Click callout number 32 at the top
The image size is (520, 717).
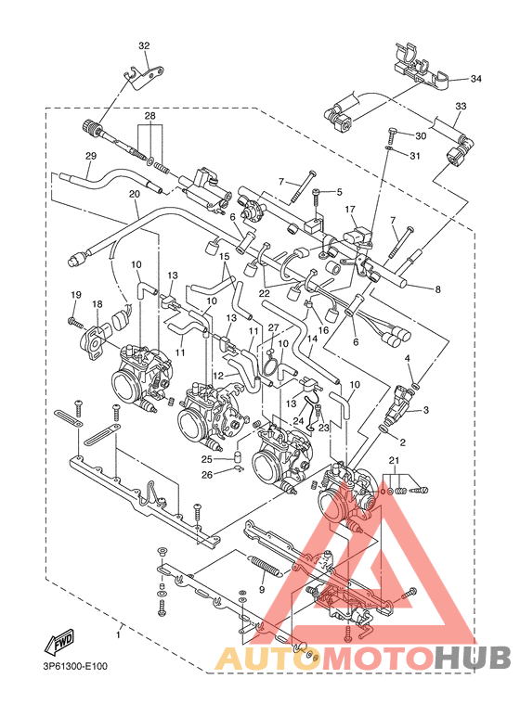pyautogui.click(x=143, y=45)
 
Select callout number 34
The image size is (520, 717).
pyautogui.click(x=476, y=79)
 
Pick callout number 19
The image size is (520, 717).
pyautogui.click(x=75, y=294)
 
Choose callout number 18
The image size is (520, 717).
pyautogui.click(x=96, y=303)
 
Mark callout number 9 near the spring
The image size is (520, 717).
pyautogui.click(x=262, y=589)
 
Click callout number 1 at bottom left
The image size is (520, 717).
pyautogui.click(x=118, y=634)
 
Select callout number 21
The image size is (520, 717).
pyautogui.click(x=394, y=462)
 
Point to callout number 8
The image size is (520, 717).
pyautogui.click(x=437, y=288)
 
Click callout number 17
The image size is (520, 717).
pyautogui.click(x=350, y=211)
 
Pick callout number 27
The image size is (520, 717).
pyautogui.click(x=273, y=327)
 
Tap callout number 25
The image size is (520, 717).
pyautogui.click(x=208, y=458)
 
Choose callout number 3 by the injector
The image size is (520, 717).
pyautogui.click(x=426, y=409)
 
